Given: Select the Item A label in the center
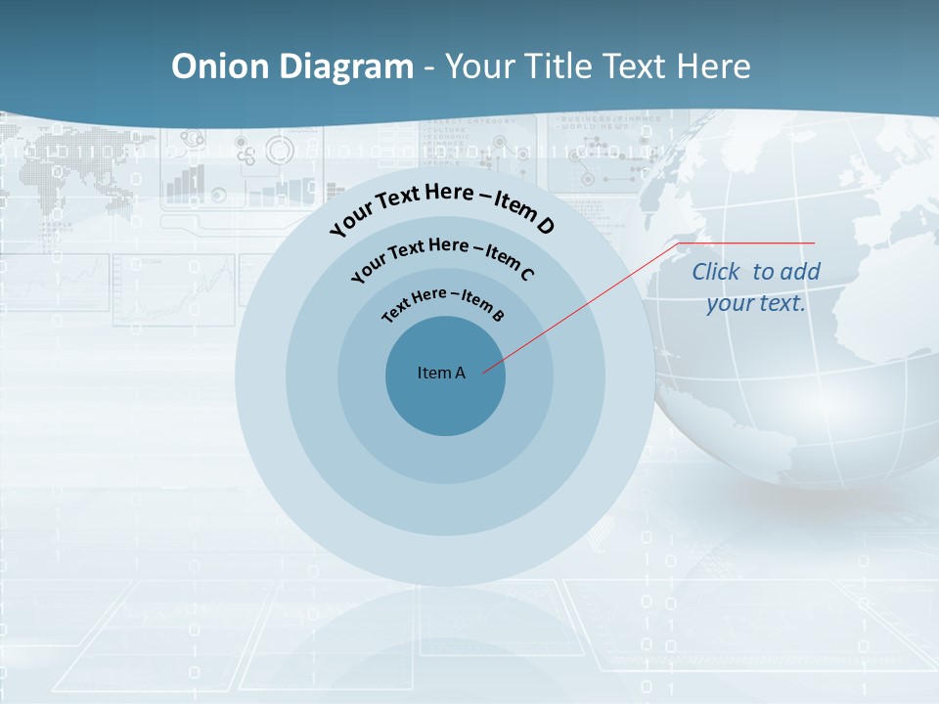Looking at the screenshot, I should [x=441, y=373].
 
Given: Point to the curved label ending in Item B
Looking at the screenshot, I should [x=443, y=303].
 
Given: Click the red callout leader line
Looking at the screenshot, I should [x=587, y=303].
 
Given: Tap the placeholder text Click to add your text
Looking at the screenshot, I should [x=756, y=287].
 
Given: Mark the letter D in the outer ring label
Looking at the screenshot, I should [x=545, y=226].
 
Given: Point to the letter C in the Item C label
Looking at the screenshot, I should [x=526, y=274].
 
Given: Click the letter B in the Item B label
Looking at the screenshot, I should [x=498, y=315].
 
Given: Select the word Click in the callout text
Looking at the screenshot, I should [x=718, y=272].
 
